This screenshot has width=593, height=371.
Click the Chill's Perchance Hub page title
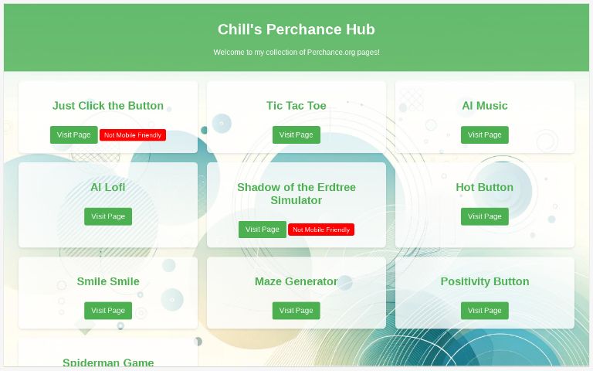296,29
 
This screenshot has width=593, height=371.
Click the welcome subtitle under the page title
296,53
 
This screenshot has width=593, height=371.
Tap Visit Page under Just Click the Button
74,134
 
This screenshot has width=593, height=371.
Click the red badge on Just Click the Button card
133,135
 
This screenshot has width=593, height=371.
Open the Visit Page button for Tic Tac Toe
296,134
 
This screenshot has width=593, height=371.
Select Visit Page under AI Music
484,134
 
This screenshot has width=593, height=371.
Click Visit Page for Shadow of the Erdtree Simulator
262,230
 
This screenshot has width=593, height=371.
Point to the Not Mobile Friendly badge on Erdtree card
321,230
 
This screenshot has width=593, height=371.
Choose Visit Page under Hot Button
484,216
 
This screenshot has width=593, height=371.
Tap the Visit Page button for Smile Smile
108,311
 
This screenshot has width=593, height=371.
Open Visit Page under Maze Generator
296,311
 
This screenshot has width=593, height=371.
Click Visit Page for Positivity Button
484,311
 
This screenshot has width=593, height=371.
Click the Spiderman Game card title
108,362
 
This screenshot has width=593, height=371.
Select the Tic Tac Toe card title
296,106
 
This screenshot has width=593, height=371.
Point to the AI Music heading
484,106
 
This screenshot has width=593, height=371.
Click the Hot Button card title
484,187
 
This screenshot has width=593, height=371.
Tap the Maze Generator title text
296,281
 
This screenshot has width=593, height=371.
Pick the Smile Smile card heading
108,281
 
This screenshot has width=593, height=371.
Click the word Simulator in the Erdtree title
296,200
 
